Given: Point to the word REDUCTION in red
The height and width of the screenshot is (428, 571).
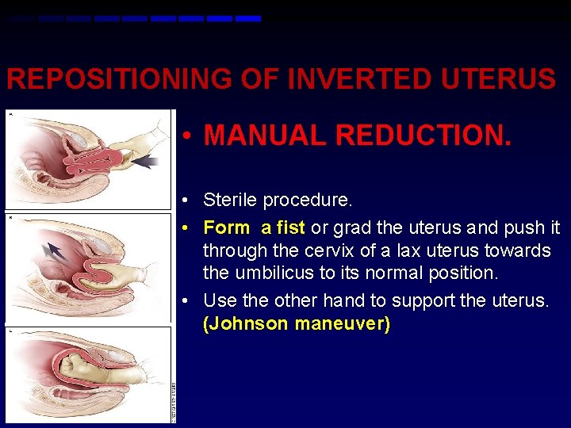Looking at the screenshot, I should [x=423, y=135].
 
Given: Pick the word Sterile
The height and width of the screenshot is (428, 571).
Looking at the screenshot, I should [x=230, y=200].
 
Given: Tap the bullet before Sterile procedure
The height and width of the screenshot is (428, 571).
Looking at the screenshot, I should [x=184, y=201].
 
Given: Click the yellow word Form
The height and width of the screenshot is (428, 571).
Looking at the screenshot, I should [x=226, y=228].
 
